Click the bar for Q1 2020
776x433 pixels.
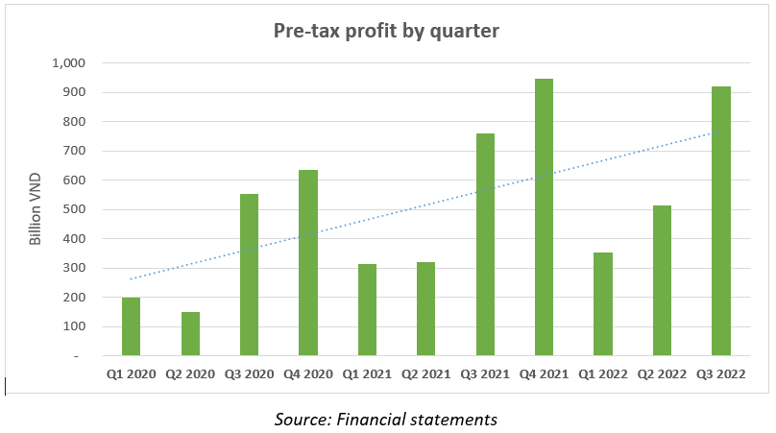point(131,326)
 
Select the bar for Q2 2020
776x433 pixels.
point(190,334)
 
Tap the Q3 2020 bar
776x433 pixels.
point(249,275)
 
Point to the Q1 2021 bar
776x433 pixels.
point(367,310)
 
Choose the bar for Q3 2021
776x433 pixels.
point(485,245)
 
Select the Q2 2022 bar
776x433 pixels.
point(662,280)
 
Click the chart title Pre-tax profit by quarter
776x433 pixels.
point(387,31)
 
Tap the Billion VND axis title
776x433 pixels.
point(36,209)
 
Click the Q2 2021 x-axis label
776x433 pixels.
point(425,373)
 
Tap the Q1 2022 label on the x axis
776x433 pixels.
point(602,373)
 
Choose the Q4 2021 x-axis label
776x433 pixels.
point(544,373)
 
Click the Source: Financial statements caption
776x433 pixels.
point(386,419)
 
